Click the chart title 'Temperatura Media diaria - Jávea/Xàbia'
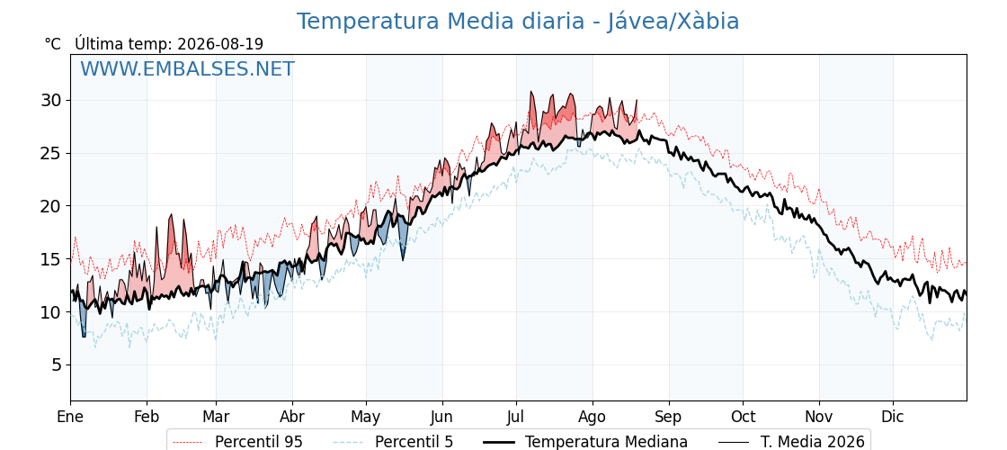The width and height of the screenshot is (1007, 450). (518, 22)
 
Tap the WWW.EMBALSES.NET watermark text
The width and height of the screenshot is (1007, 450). (188, 68)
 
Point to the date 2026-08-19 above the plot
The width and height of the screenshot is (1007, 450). (220, 44)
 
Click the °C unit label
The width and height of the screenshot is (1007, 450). (53, 44)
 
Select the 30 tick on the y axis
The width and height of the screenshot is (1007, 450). (51, 100)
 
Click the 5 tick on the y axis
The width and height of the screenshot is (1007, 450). (57, 365)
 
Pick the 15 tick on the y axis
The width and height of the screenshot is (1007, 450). (51, 259)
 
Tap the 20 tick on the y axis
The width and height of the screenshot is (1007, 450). (51, 206)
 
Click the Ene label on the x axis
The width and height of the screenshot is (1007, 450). (70, 417)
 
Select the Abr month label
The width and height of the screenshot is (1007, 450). (292, 417)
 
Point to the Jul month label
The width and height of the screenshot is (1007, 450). (516, 417)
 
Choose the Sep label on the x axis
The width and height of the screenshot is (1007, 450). (669, 418)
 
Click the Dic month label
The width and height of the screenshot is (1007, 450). (893, 417)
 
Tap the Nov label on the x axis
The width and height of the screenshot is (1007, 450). (819, 417)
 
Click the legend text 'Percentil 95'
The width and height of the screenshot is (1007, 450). (258, 442)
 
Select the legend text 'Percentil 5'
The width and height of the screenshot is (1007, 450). (414, 442)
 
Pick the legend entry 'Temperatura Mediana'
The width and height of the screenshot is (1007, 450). (606, 442)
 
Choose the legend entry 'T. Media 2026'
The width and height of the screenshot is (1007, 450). (813, 442)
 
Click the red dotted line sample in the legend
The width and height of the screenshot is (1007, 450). (189, 442)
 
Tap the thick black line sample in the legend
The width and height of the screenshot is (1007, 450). (499, 442)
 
